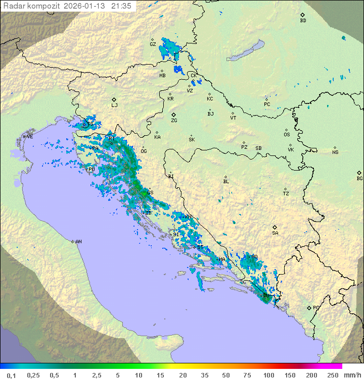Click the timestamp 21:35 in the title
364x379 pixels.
tap(121, 6)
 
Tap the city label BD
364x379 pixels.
tap(303, 21)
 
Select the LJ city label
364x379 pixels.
tap(114, 105)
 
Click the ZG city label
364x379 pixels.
tap(174, 121)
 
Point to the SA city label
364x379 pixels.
tap(275, 233)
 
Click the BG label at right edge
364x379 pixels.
tap(359, 178)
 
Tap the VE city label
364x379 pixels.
tap(30, 136)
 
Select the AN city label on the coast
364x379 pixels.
tap(78, 242)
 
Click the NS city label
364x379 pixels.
tap(335, 152)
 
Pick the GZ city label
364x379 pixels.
tap(153, 44)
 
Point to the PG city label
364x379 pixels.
tap(316, 307)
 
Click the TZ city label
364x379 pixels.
tap(286, 193)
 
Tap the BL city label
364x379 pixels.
tap(226, 182)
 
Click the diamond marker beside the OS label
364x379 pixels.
tap(288, 129)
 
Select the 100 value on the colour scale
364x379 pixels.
tap(268, 375)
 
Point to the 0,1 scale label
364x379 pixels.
tap(11, 375)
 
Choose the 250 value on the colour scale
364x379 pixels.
tap(332, 375)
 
